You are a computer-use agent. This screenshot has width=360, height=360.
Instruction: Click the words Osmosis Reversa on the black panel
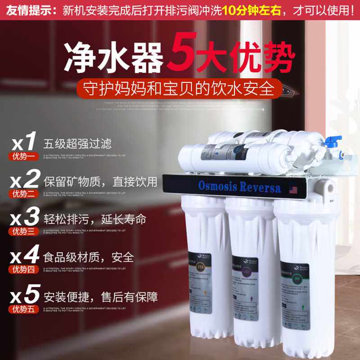239,187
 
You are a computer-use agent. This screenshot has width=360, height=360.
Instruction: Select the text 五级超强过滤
77,144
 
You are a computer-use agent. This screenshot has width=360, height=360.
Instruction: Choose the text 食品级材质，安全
89,258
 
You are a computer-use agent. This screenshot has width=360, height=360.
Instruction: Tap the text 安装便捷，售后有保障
100,296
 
